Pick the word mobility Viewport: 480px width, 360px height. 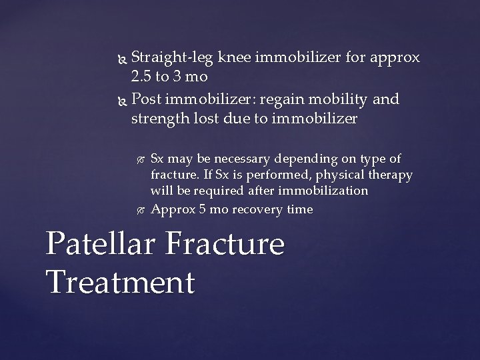click(341, 100)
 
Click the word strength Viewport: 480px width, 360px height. click(161, 119)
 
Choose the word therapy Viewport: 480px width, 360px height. click(389, 175)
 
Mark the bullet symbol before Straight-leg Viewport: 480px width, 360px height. click(121, 59)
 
